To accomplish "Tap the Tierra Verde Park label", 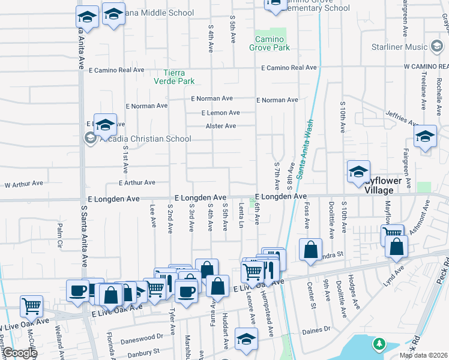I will pos(174,77).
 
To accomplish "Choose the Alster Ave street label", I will pos(221,126).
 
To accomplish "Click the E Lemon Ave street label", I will pos(220,113).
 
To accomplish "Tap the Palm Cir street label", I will pos(60,229).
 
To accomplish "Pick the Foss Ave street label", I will pos(306,219).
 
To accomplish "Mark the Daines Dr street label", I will pos(316,329).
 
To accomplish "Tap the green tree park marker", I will pos(379,344).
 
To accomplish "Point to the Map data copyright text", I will pos(423,355).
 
